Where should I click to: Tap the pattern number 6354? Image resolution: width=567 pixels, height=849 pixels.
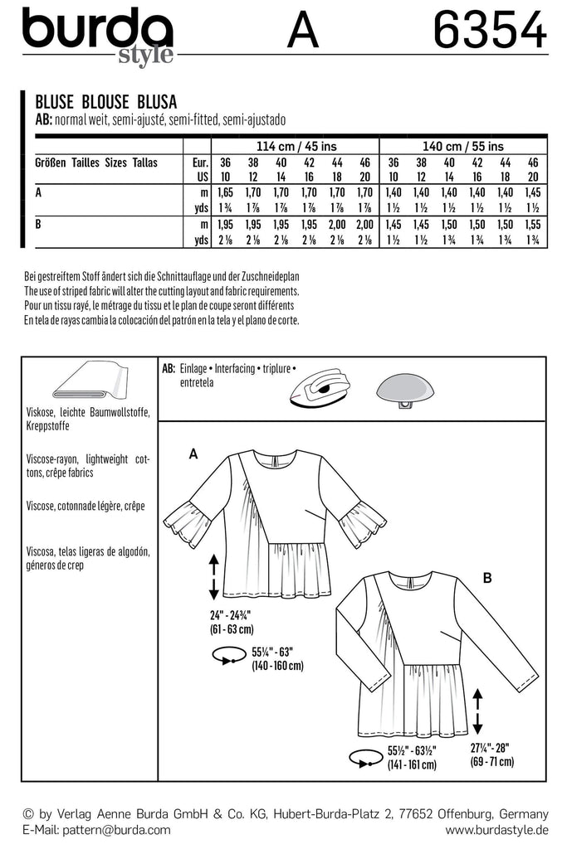click(490, 33)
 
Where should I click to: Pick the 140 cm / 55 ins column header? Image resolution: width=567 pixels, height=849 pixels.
click(462, 146)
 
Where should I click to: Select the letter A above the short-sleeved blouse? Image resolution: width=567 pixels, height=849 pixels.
click(193, 454)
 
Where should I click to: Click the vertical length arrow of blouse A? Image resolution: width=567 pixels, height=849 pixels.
click(214, 577)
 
